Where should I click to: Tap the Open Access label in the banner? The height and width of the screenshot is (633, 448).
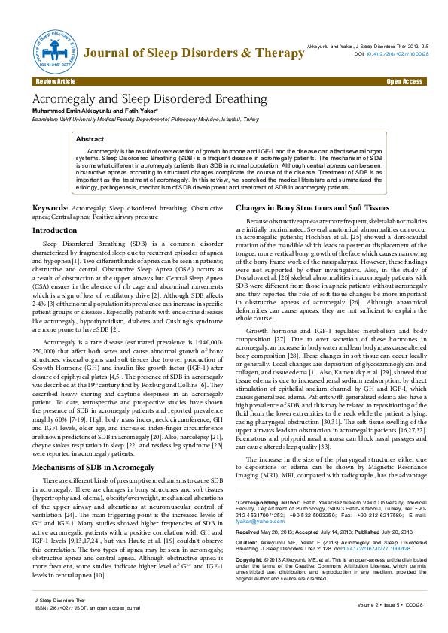(404, 81)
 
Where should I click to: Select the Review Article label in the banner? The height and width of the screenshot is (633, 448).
(55, 81)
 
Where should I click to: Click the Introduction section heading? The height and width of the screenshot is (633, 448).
(59, 230)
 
